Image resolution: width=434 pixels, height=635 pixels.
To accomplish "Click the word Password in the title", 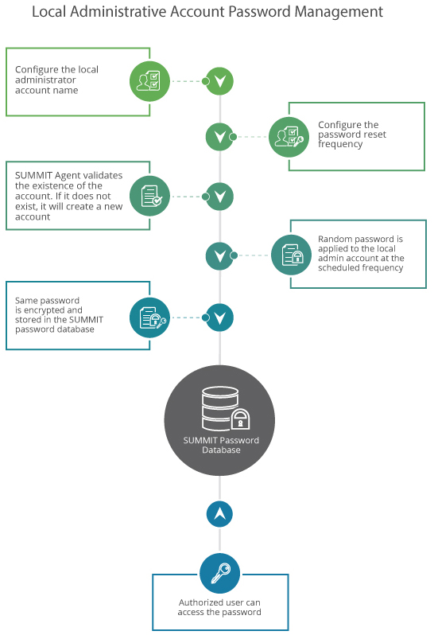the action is point(259,12).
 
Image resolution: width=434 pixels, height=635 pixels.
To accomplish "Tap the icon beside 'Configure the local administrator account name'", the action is point(149,81).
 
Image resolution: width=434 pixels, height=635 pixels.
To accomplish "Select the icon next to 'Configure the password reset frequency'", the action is point(289,137).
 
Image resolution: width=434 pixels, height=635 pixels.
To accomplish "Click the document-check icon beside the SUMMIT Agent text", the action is point(149,196).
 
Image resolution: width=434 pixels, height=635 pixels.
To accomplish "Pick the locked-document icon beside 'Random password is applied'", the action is point(291,255).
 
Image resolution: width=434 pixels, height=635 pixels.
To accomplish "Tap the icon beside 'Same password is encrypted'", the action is point(149,317).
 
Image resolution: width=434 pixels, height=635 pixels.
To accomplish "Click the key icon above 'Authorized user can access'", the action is point(219,574).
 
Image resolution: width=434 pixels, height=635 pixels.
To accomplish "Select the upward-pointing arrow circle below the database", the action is point(219,514).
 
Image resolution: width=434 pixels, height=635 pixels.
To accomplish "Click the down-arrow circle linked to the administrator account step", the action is point(219,81).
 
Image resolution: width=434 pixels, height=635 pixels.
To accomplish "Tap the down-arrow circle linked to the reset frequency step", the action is point(219,137).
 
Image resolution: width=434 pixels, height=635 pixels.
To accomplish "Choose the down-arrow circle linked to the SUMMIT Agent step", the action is point(219,197).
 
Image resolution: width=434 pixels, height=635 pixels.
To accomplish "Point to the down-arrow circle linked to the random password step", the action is point(219,256).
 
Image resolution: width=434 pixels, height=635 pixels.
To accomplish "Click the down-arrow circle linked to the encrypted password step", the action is point(219,317).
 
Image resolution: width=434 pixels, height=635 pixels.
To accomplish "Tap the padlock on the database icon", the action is point(240,419).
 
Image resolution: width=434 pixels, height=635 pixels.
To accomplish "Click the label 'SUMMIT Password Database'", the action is point(221,445).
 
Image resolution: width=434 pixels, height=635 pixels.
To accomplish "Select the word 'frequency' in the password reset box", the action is point(340,145).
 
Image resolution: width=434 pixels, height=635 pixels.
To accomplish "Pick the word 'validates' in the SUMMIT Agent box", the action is point(103,175).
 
